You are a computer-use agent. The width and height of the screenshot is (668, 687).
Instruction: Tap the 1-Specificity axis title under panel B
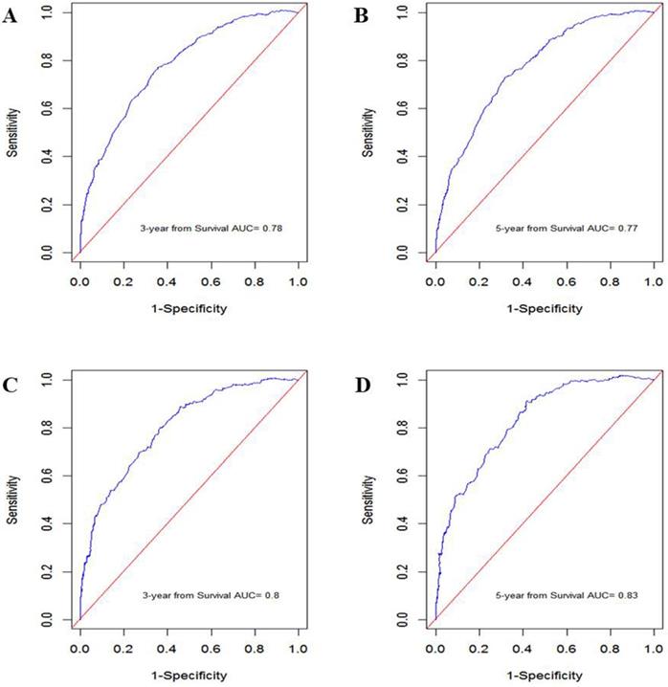point(543,283)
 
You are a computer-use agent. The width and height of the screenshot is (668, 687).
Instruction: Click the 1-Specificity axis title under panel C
point(189,649)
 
